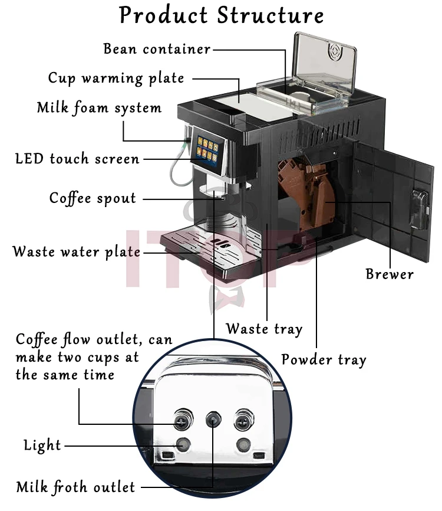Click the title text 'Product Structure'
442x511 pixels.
point(221,15)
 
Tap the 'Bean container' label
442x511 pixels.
point(157,49)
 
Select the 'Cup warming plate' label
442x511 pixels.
point(116,78)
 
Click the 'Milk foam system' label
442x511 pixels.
point(99,109)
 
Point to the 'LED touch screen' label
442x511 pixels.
point(77,159)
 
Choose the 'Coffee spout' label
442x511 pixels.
point(93,198)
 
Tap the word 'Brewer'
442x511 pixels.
point(390,274)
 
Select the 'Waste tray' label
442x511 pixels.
point(264,329)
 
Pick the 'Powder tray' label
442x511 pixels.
point(324,359)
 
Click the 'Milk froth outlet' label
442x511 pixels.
point(75,487)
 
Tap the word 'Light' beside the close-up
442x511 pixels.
point(42,445)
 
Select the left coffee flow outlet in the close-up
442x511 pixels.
point(182,420)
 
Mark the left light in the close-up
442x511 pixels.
point(183,444)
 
